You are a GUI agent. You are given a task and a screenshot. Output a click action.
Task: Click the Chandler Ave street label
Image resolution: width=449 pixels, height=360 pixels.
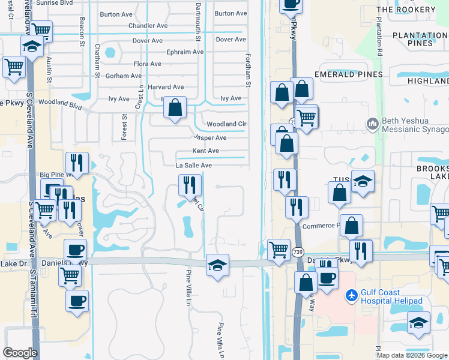coord(148,26)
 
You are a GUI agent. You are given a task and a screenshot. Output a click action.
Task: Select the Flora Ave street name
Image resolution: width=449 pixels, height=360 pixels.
coord(148,64)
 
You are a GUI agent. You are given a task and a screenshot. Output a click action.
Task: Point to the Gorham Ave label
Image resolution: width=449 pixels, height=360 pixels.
coord(124,76)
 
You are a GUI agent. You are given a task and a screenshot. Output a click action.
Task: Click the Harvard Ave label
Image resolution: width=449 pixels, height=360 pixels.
coord(165,88)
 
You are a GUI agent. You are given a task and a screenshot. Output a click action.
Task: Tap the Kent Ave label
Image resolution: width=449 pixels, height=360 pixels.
coord(205,151)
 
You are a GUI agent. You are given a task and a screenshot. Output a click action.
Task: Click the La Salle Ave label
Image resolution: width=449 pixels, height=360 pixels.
coord(194,166)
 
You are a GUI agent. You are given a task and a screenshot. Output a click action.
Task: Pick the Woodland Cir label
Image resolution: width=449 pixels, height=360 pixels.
coord(227,124)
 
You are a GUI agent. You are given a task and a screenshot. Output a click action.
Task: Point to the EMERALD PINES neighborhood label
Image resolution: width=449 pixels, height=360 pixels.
coord(348,74)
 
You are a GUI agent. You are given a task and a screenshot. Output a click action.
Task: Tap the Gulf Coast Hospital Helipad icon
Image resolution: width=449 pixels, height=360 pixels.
coord(352,296)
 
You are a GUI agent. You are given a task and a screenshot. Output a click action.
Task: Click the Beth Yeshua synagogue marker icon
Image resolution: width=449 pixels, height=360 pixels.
coord(373,124)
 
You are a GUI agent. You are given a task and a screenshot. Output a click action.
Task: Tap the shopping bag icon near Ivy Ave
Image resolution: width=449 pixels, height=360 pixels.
coord(175,108)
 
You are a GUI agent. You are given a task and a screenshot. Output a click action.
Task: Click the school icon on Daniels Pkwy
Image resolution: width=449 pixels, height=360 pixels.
coord(217,265)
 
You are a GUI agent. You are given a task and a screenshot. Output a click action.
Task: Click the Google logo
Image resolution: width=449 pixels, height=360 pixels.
coord(20,353)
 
